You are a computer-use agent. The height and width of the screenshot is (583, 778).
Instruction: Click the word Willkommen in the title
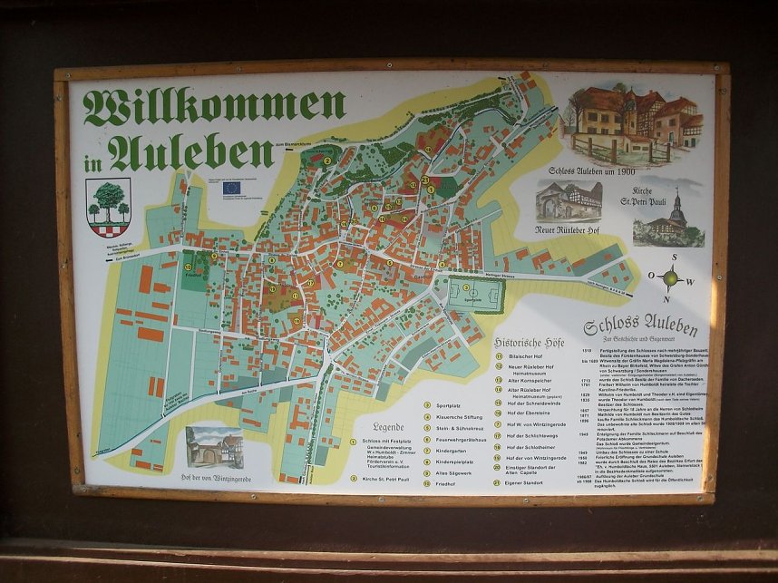[214, 107]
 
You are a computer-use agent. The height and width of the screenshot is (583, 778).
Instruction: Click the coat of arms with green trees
[109, 206]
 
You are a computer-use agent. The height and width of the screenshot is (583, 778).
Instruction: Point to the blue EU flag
[233, 188]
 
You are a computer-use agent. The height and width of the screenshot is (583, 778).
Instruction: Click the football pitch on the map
[472, 295]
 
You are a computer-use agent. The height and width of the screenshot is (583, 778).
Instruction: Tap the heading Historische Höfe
[530, 343]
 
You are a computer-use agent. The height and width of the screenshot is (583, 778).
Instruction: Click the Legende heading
[389, 426]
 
